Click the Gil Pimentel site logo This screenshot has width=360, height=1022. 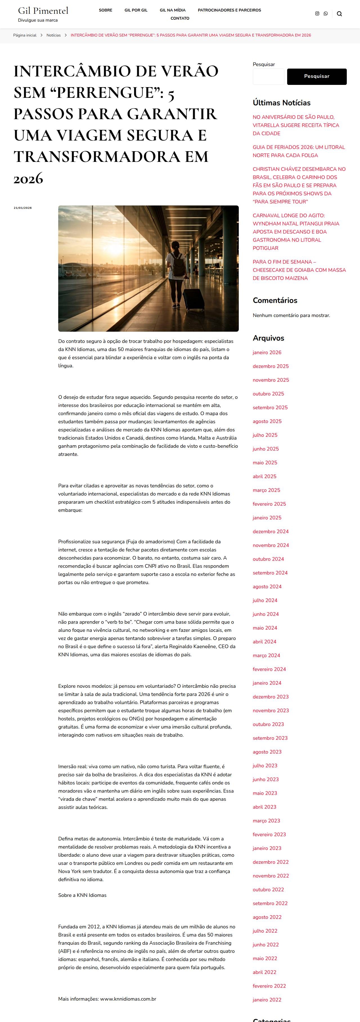43,11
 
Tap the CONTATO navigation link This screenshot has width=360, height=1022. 180,19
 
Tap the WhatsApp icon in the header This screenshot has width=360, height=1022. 325,13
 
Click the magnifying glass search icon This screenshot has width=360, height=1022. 339,14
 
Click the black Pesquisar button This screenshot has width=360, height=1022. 316,76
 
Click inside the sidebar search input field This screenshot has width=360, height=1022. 269,76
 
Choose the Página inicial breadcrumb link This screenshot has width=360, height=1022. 24,35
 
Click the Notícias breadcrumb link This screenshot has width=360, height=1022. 54,35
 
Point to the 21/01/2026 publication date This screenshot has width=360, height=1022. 22,208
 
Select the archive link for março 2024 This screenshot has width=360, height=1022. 266,655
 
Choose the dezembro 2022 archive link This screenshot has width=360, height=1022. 271,862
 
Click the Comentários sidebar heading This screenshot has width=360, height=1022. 275,300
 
